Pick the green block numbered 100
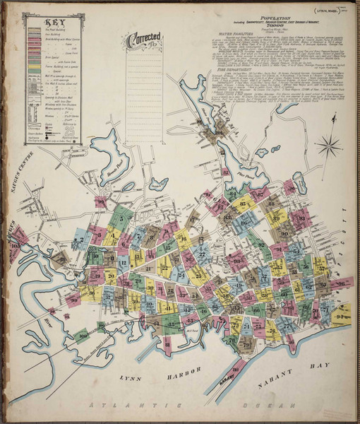point(82,336)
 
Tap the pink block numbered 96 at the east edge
point(342,282)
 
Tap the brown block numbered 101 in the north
point(220,132)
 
